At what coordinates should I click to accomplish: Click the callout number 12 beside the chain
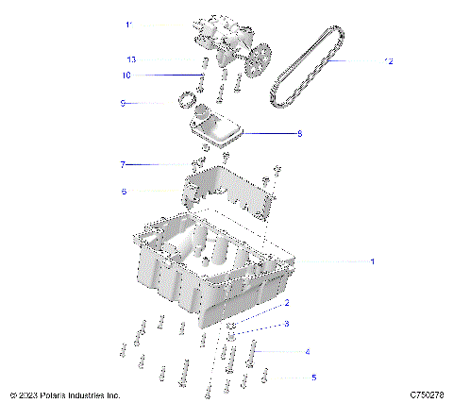click(x=387, y=61)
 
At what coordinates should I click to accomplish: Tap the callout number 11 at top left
click(x=129, y=25)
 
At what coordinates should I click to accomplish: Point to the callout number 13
click(x=132, y=60)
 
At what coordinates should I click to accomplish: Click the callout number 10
click(x=126, y=76)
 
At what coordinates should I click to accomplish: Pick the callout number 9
click(x=123, y=103)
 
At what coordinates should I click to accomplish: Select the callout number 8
click(x=299, y=134)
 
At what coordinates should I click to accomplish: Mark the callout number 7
click(x=122, y=165)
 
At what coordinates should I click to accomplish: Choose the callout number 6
click(x=123, y=191)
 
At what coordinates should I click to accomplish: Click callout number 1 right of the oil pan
click(x=372, y=260)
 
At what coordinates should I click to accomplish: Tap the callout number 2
click(x=287, y=303)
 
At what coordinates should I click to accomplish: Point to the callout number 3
click(x=287, y=324)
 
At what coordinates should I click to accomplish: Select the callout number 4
click(x=307, y=352)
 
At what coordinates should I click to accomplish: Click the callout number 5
click(x=314, y=377)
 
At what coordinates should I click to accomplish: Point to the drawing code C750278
click(x=428, y=395)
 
